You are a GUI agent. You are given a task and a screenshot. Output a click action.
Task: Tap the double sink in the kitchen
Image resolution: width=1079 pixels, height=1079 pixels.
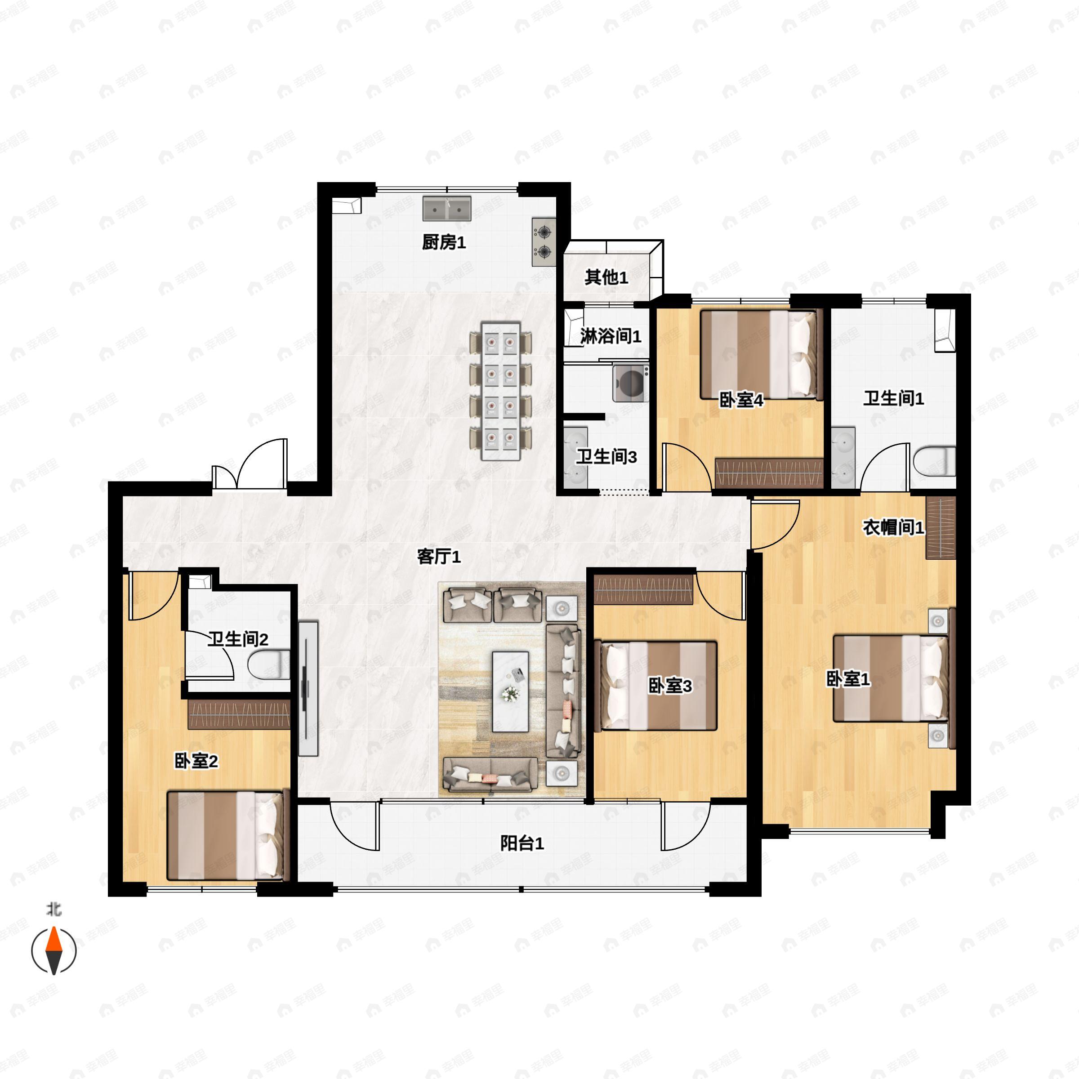[447, 208]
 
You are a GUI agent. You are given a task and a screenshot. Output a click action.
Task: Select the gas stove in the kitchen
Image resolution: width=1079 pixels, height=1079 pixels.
[544, 241]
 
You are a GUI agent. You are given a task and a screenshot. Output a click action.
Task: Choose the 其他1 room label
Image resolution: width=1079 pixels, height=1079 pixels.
[606, 277]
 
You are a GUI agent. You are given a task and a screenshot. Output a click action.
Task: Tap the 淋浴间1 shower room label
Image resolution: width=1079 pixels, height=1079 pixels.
[611, 336]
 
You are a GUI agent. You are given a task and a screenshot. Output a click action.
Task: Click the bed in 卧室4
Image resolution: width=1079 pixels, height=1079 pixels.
[762, 355]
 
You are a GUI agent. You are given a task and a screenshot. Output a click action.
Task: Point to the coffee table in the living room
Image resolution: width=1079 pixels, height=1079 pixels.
[510, 691]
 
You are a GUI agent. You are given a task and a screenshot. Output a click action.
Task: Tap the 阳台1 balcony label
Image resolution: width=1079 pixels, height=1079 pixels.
[522, 843]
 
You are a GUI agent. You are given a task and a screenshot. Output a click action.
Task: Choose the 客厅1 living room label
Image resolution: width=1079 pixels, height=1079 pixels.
[439, 556]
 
